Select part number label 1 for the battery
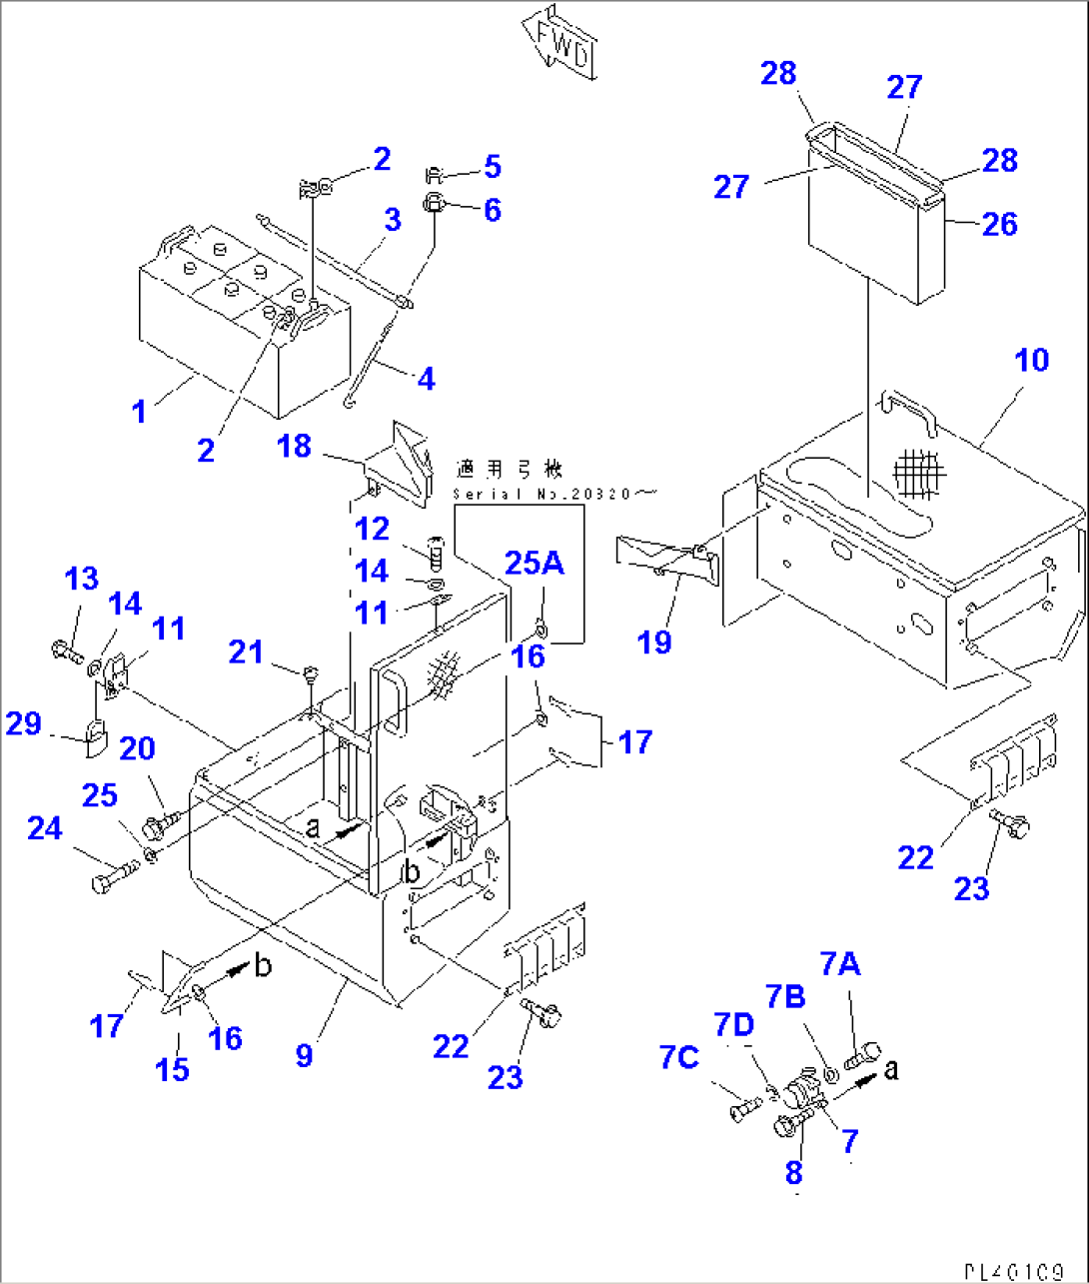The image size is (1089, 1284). click(140, 410)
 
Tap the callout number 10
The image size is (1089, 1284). click(1031, 360)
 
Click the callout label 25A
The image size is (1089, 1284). click(535, 564)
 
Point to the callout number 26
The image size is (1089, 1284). click(999, 224)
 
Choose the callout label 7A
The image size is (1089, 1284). click(839, 964)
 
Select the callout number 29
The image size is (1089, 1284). click(24, 722)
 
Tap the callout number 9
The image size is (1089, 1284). click(305, 1054)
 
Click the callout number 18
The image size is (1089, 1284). click(294, 446)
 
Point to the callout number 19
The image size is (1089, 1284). click(654, 642)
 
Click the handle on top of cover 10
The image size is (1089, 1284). click(907, 412)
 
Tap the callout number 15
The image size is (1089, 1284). click(172, 1069)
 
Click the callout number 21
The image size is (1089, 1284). click(246, 651)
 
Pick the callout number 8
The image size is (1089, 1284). click(794, 1173)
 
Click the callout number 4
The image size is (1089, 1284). click(426, 379)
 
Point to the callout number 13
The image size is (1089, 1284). click(82, 578)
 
